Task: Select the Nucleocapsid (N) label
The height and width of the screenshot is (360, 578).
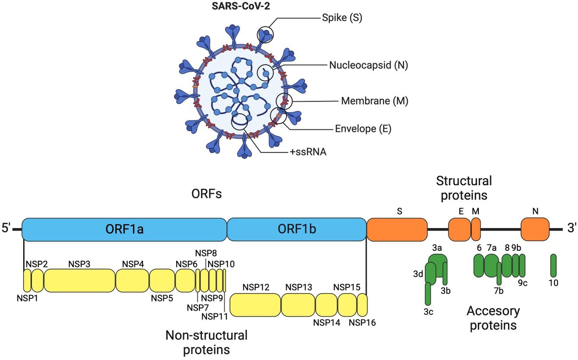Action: click(368, 65)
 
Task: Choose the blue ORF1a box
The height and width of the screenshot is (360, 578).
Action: click(124, 229)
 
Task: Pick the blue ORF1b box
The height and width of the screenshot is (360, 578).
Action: click(296, 229)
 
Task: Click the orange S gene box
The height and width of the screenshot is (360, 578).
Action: click(397, 229)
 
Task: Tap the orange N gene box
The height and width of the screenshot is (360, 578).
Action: click(535, 229)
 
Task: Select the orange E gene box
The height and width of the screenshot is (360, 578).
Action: click(459, 229)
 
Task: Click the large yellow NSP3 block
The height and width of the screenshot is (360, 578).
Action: click(79, 281)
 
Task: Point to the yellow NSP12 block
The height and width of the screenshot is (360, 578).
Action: click(255, 304)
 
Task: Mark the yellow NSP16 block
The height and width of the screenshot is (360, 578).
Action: click(362, 304)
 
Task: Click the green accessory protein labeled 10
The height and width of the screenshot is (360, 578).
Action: click(553, 265)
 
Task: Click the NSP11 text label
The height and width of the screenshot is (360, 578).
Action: click(214, 316)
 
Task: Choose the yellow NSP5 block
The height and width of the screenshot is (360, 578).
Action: click(162, 281)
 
